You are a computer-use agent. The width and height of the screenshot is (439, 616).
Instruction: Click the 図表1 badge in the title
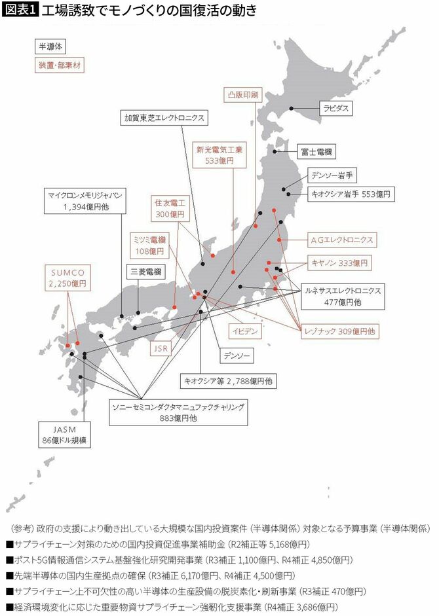point(19,10)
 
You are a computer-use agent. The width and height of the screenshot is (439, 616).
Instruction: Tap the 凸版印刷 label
point(241,94)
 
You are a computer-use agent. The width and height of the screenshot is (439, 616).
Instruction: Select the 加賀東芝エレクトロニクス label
point(165,118)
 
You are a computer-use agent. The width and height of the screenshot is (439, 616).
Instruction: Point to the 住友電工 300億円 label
point(170,209)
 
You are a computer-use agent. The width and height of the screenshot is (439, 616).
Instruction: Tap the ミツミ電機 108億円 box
point(148,245)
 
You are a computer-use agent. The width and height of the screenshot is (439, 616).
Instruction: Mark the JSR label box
point(161,349)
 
